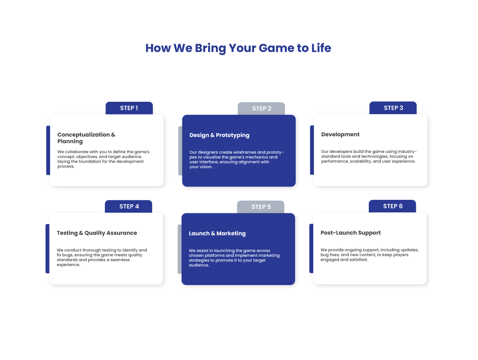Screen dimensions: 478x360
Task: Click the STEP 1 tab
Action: [129, 108]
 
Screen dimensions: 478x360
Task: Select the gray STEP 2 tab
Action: [261, 108]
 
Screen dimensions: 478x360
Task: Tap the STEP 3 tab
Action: [393, 108]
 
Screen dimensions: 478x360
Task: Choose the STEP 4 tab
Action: [128, 206]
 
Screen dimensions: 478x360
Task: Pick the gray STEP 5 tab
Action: [261, 207]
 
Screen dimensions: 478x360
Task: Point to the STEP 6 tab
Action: [392, 206]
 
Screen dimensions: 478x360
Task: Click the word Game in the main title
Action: [277, 48]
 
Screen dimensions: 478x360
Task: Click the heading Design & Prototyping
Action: [219, 135]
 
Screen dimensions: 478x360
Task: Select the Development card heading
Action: [340, 134]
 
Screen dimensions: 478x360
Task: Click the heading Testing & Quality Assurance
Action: [97, 233]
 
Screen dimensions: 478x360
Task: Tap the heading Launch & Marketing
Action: [217, 233]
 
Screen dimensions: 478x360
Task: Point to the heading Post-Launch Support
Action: [350, 233]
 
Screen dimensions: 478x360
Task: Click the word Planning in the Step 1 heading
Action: [70, 141]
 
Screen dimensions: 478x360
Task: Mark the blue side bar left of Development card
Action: [312, 150]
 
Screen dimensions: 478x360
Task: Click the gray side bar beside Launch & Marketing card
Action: [180, 249]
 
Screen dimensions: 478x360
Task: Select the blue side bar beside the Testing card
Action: [47, 249]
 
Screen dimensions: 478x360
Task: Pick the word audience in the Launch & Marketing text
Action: [199, 265]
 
